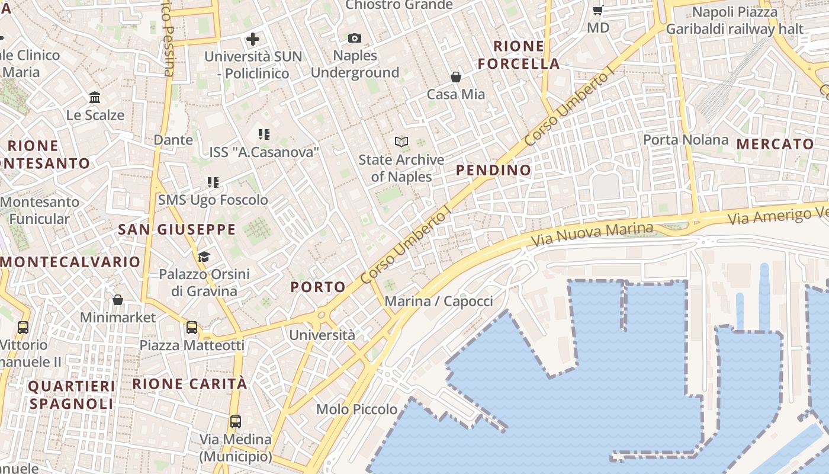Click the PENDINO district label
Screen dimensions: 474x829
point(494,171)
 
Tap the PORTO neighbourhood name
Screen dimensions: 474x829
point(318,287)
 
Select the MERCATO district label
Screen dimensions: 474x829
point(775,144)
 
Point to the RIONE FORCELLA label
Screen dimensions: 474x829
point(519,55)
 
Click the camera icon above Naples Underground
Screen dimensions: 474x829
point(355,39)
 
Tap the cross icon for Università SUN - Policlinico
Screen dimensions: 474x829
point(253,40)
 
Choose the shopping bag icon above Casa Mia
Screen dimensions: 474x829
point(456,77)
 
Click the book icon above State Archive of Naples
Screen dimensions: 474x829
point(401,142)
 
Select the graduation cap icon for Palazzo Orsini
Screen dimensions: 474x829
point(204,257)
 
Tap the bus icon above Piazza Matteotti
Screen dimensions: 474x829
point(192,328)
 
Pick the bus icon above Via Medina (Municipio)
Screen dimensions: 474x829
point(236,422)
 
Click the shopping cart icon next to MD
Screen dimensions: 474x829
point(598,10)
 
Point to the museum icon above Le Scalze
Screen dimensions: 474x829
point(95,97)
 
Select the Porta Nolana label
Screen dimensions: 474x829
point(686,140)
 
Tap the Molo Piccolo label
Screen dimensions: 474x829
point(356,409)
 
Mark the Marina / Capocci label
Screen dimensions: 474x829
point(439,302)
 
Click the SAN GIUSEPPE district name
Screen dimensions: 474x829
point(177,230)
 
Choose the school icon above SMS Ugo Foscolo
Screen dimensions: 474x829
point(213,182)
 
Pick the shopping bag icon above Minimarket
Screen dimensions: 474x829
point(118,300)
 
